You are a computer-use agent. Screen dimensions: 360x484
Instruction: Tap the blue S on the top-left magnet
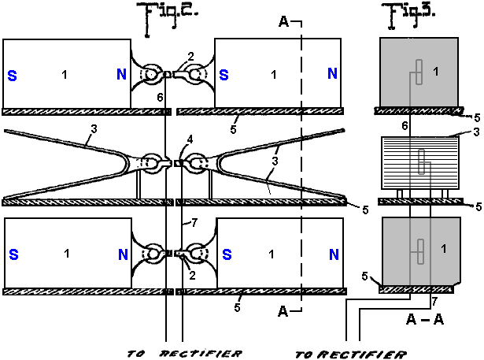[x=12, y=75]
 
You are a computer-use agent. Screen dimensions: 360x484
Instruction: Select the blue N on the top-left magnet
[x=120, y=75]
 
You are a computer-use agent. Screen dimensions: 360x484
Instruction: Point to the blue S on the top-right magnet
[x=224, y=75]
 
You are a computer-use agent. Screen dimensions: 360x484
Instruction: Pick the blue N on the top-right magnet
[x=332, y=75]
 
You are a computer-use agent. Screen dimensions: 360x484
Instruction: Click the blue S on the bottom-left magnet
[x=12, y=254]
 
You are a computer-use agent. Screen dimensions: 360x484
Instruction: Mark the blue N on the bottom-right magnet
[x=332, y=254]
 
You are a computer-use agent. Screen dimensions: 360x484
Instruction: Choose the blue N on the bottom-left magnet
[x=120, y=254]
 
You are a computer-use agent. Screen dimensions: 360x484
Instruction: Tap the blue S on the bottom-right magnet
[x=224, y=254]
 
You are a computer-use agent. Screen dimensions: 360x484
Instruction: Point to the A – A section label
[x=423, y=319]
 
